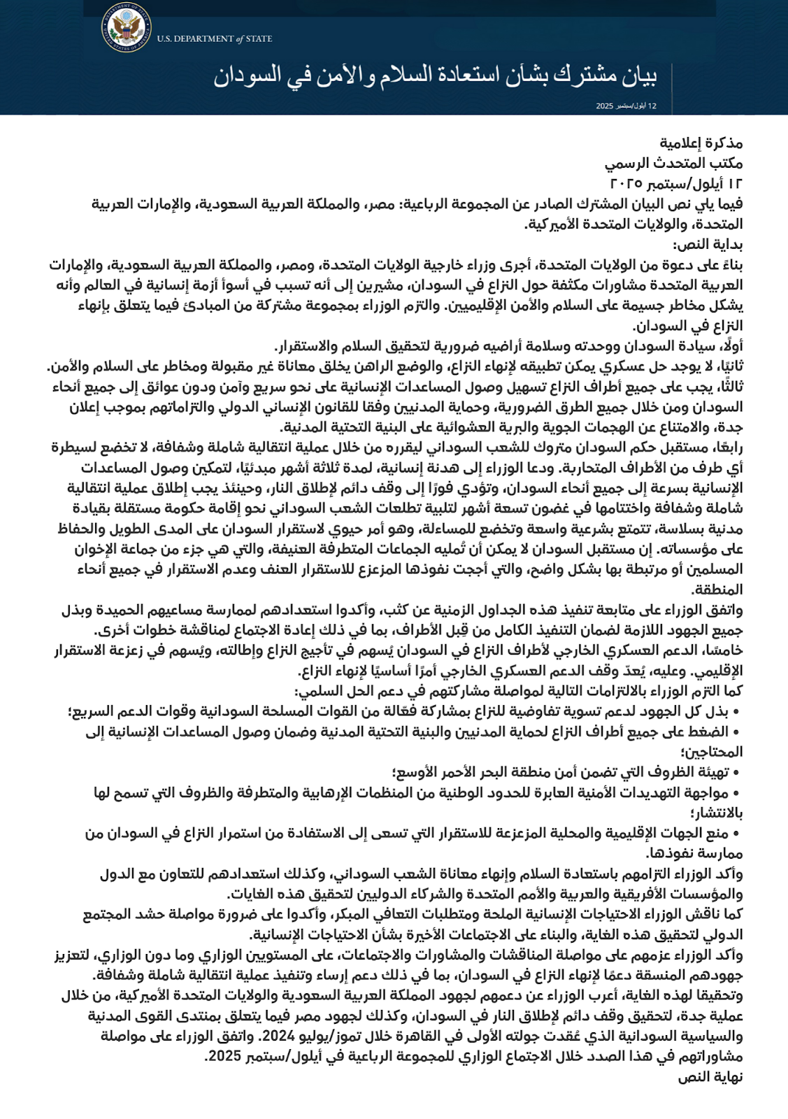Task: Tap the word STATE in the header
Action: (x=259, y=39)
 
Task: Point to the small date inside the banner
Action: (x=626, y=106)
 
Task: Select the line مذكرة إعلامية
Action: (x=701, y=143)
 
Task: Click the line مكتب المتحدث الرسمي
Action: (x=674, y=164)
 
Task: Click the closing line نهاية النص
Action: (x=710, y=1076)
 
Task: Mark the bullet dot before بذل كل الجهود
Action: (x=736, y=712)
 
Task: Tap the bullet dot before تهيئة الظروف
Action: (x=736, y=773)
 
